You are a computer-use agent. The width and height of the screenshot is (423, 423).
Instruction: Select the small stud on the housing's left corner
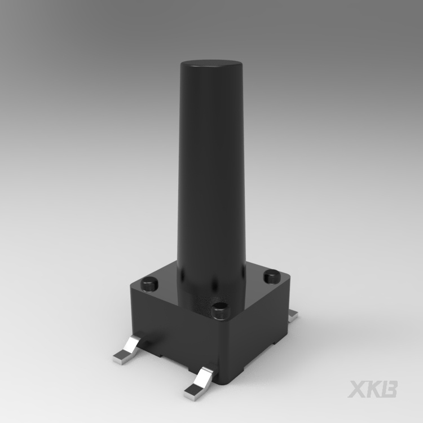coord(149,284)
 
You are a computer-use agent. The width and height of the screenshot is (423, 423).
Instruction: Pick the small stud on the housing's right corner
coord(272,276)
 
